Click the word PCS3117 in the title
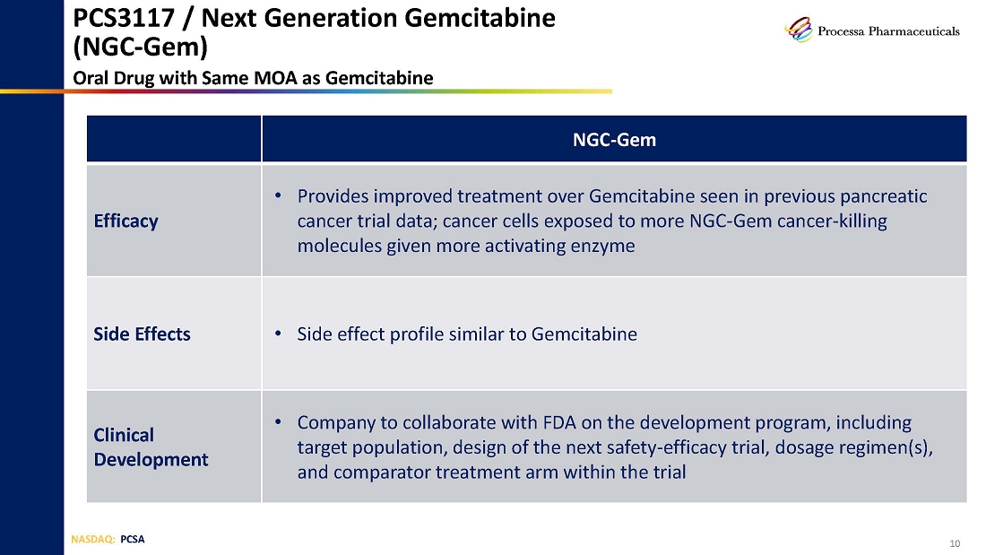coord(124,18)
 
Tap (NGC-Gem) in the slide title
coord(140,47)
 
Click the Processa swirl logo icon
coord(799,30)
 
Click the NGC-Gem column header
coord(614,140)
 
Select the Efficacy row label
coord(125,221)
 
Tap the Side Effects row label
coord(143,334)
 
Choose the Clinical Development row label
coord(151,447)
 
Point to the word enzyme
coord(602,246)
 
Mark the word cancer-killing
coord(832,221)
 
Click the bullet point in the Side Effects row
coord(278,333)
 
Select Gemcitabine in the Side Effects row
coord(584,334)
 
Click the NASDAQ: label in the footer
coord(93,539)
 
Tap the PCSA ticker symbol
coord(133,539)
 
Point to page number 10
coord(955,543)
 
